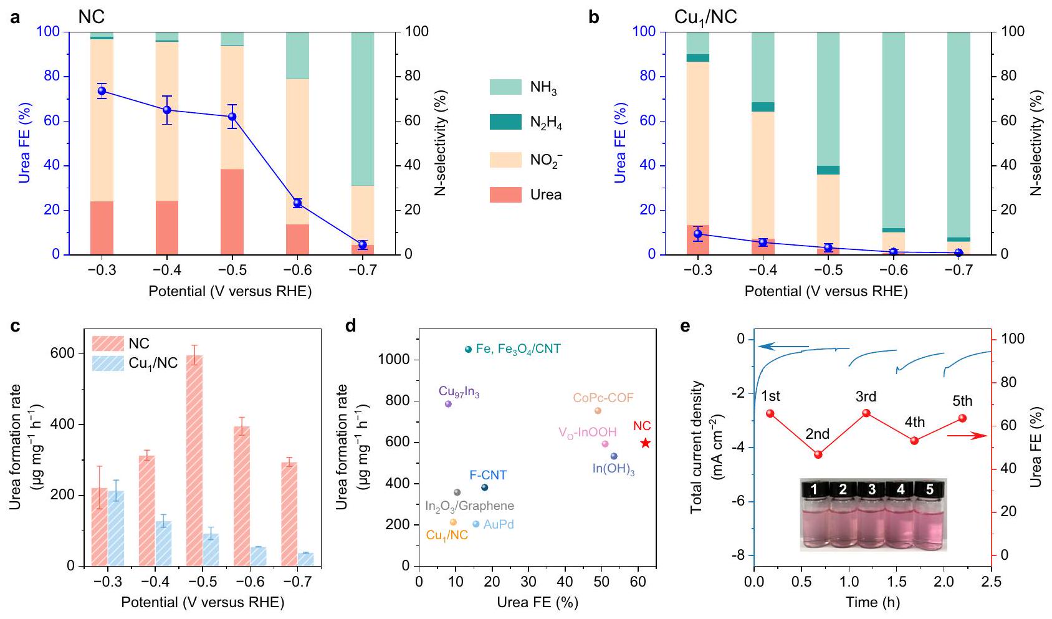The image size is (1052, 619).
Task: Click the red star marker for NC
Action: click(646, 443)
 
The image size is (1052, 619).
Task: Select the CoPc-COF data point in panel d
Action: click(598, 411)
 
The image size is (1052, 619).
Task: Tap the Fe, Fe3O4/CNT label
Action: click(518, 349)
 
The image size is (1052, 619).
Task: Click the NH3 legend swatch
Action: click(505, 87)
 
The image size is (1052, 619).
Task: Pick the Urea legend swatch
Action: click(505, 194)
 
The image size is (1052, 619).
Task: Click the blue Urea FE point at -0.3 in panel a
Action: click(102, 91)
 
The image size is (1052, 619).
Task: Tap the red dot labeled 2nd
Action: click(818, 454)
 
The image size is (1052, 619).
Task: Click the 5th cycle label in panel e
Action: click(962, 401)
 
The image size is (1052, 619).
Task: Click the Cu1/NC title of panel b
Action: click(705, 17)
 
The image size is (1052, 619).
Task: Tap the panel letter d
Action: click(351, 326)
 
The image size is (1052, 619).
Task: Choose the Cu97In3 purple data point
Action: click(448, 404)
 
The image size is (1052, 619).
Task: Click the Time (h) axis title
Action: click(873, 603)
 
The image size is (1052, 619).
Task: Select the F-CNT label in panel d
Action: click(488, 476)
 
